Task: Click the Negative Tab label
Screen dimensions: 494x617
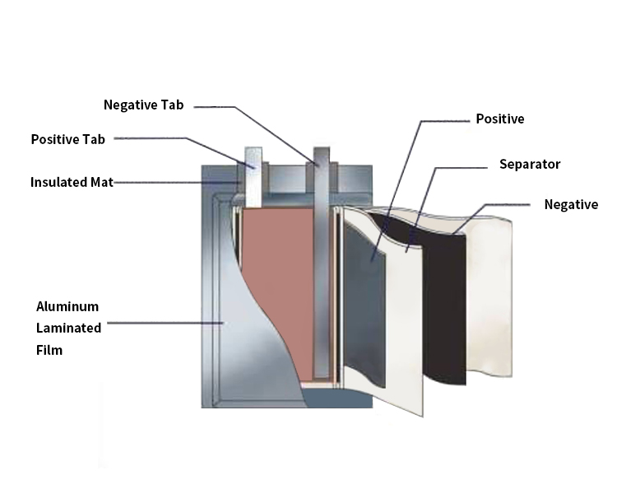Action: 143,105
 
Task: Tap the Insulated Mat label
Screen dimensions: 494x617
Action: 72,182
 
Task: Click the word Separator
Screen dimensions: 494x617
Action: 530,165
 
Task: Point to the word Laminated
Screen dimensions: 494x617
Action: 69,328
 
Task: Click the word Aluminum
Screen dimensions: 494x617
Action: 68,306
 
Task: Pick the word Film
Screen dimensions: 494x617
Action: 49,350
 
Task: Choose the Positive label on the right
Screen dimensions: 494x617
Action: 500,119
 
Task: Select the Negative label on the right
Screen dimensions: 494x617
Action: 571,205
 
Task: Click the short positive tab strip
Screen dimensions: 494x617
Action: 251,177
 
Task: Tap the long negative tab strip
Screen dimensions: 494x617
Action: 321,263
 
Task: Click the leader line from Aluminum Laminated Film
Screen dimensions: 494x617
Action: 165,323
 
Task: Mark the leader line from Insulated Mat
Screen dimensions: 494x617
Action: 165,182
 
